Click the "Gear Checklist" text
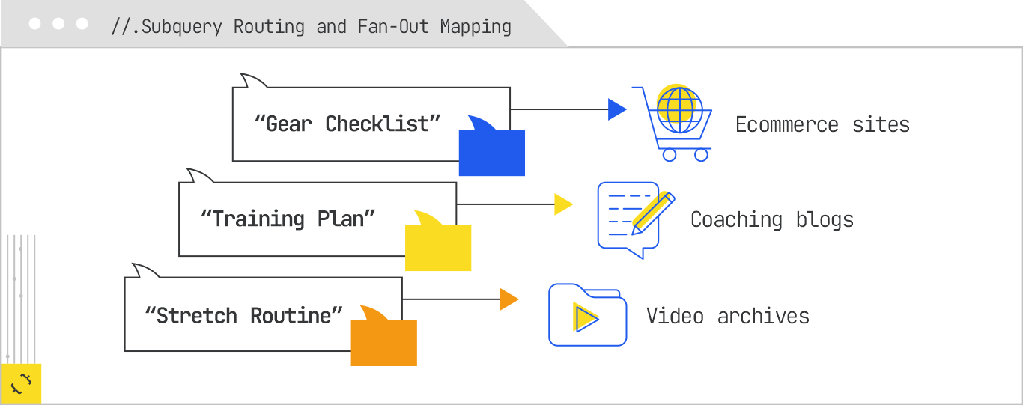click(x=347, y=124)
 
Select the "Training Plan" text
click(x=288, y=219)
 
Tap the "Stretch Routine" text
click(x=243, y=315)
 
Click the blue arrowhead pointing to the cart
click(x=616, y=109)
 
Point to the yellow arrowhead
click(x=562, y=204)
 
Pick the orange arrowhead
click(x=509, y=299)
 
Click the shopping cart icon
click(x=672, y=124)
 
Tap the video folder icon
click(x=587, y=315)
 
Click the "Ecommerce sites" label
click(x=822, y=124)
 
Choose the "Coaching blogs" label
click(x=771, y=219)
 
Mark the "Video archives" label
click(x=728, y=316)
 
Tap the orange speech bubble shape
click(x=383, y=340)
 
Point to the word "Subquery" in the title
click(x=182, y=27)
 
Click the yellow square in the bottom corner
click(x=21, y=383)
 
